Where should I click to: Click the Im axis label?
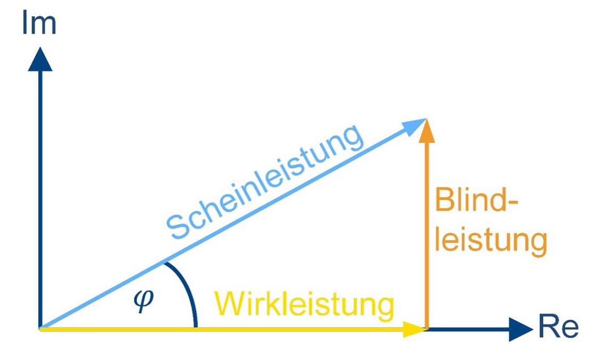click(x=39, y=23)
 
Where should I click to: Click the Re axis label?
click(x=558, y=327)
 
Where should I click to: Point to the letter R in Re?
click(x=547, y=327)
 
